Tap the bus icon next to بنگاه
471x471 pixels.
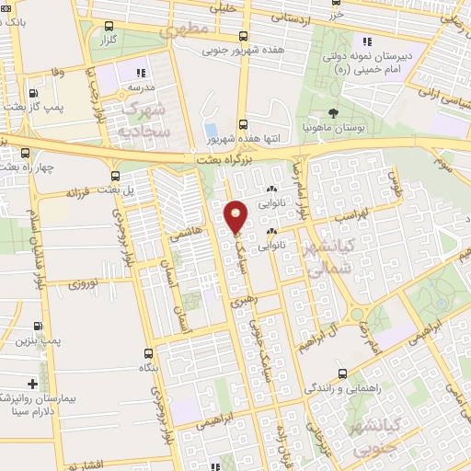coord(149,353)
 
